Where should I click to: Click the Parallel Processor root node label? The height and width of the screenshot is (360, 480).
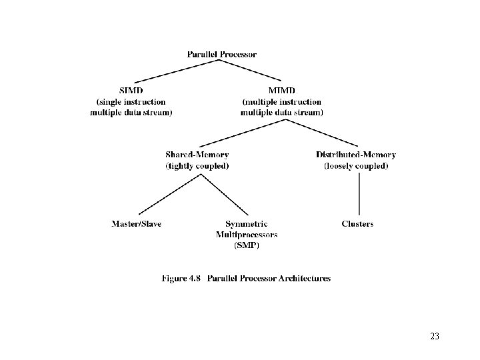(x=221, y=54)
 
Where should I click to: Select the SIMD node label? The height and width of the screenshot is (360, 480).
(x=131, y=91)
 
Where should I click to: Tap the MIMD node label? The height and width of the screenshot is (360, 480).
(x=281, y=91)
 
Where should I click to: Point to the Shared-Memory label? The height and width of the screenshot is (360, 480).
(x=197, y=155)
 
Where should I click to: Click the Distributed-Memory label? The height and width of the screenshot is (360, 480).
(x=355, y=155)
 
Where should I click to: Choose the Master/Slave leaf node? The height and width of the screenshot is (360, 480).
(x=136, y=224)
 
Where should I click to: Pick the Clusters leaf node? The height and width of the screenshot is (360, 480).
(x=357, y=224)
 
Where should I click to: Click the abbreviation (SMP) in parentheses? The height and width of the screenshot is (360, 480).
(x=247, y=245)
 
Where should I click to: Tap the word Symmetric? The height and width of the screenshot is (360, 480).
(x=247, y=224)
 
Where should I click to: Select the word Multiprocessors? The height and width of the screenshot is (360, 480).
(x=247, y=235)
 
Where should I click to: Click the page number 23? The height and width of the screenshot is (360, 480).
(x=435, y=337)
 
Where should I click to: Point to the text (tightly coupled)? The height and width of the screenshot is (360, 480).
(x=197, y=166)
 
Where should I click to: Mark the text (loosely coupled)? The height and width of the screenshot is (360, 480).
(x=355, y=166)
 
